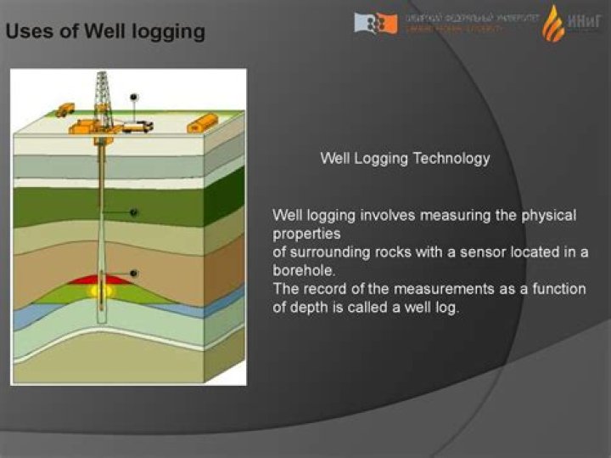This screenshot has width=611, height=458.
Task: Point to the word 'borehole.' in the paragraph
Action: click(x=305, y=270)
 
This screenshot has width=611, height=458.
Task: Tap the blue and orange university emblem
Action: click(x=375, y=23)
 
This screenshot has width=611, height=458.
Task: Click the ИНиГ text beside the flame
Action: click(x=585, y=23)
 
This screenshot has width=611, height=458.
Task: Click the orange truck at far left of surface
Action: click(x=65, y=110)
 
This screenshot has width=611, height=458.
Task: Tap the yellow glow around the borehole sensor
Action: click(x=102, y=291)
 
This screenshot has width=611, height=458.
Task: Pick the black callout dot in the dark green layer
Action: click(x=133, y=212)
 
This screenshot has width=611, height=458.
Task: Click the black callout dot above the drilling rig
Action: click(x=133, y=97)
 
